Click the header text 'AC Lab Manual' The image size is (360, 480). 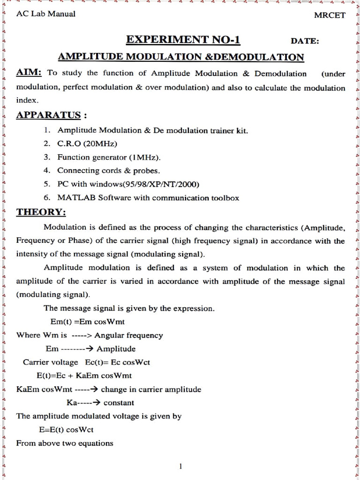pyautogui.click(x=45, y=14)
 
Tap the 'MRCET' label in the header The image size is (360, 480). pyautogui.click(x=329, y=15)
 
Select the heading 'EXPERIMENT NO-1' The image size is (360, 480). pyautogui.click(x=183, y=40)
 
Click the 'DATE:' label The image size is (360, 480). pyautogui.click(x=305, y=41)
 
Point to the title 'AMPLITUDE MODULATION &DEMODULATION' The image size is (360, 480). pyautogui.click(x=180, y=57)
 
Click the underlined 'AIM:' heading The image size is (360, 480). pyautogui.click(x=29, y=73)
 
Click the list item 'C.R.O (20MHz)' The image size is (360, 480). pyautogui.click(x=87, y=143)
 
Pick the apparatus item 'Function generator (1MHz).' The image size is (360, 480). pyautogui.click(x=112, y=157)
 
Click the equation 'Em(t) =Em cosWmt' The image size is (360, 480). pyautogui.click(x=87, y=322)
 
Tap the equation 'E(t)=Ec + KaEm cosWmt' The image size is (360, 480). pyautogui.click(x=84, y=375)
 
